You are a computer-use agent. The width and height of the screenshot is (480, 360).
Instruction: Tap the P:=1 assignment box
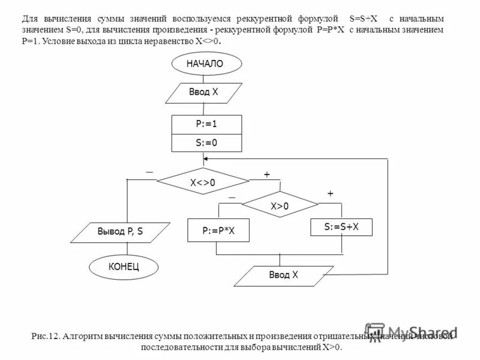pyautogui.click(x=206, y=124)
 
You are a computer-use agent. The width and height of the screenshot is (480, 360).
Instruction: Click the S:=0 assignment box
pyautogui.click(x=206, y=143)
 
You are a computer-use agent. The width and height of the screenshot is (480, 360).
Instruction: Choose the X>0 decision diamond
pyautogui.click(x=280, y=206)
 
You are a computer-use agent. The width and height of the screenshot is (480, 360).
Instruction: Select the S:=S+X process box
pyautogui.click(x=341, y=227)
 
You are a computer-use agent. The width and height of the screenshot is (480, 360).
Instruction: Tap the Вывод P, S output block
pyautogui.click(x=120, y=231)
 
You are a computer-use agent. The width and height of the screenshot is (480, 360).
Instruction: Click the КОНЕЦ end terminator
pyautogui.click(x=125, y=266)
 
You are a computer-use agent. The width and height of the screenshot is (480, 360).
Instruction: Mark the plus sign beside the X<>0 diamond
pyautogui.click(x=266, y=175)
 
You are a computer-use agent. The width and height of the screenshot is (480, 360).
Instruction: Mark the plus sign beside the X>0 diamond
pyautogui.click(x=329, y=194)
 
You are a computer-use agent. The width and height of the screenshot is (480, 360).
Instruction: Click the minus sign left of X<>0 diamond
pyautogui.click(x=149, y=172)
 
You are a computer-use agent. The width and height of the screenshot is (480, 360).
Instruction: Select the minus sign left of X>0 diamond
pyautogui.click(x=232, y=197)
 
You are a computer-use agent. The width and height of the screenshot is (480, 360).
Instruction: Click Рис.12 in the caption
pyautogui.click(x=45, y=337)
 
